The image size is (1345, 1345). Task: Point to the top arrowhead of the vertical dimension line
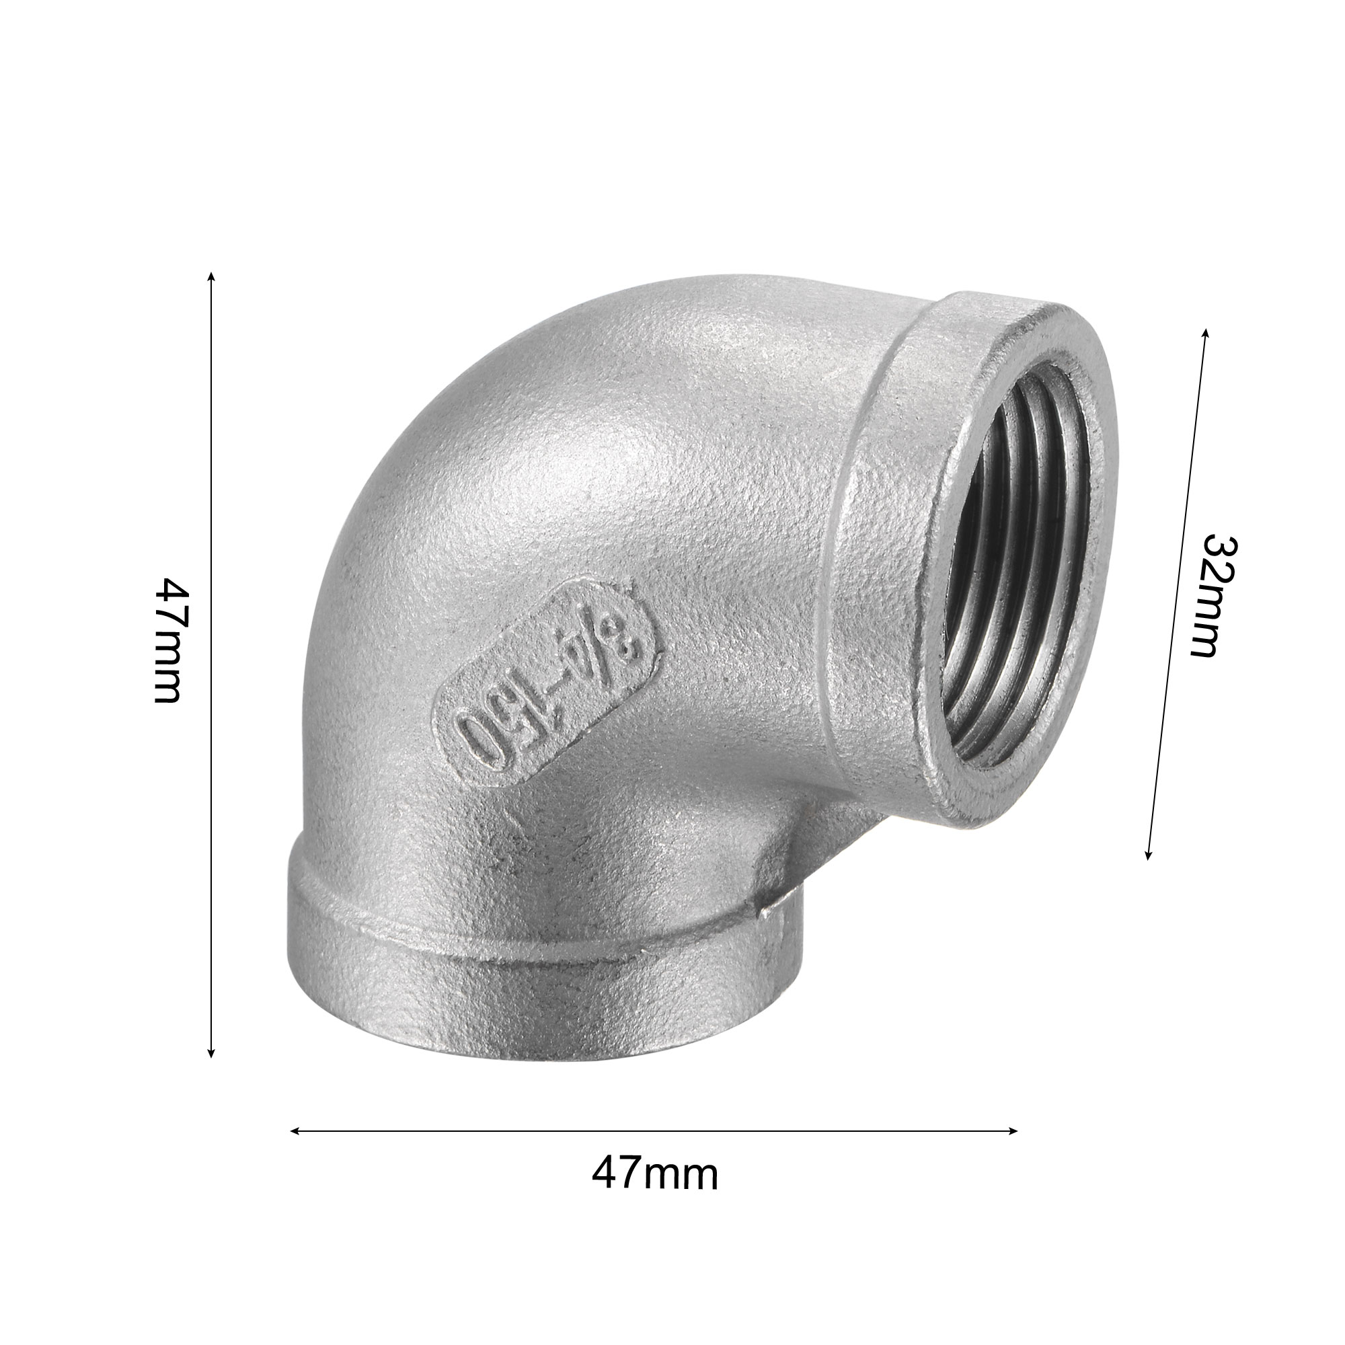point(212,277)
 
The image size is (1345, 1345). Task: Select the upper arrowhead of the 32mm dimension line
point(1206,334)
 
